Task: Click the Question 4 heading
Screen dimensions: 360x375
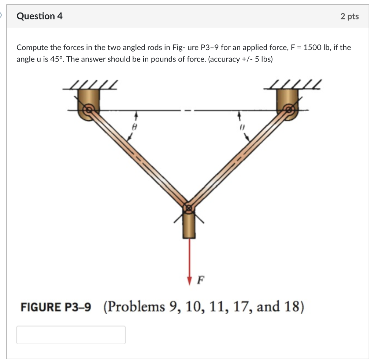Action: [40, 16]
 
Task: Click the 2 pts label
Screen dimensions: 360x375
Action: [349, 16]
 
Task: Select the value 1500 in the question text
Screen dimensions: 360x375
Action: [311, 47]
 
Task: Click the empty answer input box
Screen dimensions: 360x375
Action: [71, 335]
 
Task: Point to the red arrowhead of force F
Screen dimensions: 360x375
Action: [189, 281]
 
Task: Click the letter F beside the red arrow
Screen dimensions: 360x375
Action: [200, 281]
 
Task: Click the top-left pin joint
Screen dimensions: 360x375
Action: [88, 109]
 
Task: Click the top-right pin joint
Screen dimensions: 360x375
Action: [289, 109]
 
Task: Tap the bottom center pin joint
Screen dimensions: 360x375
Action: [189, 208]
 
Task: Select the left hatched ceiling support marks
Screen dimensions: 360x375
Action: [94, 85]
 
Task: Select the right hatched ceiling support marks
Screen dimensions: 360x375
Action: [296, 85]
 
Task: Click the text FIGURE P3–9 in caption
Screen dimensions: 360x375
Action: [56, 307]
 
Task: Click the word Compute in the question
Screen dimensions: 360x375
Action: [30, 47]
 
